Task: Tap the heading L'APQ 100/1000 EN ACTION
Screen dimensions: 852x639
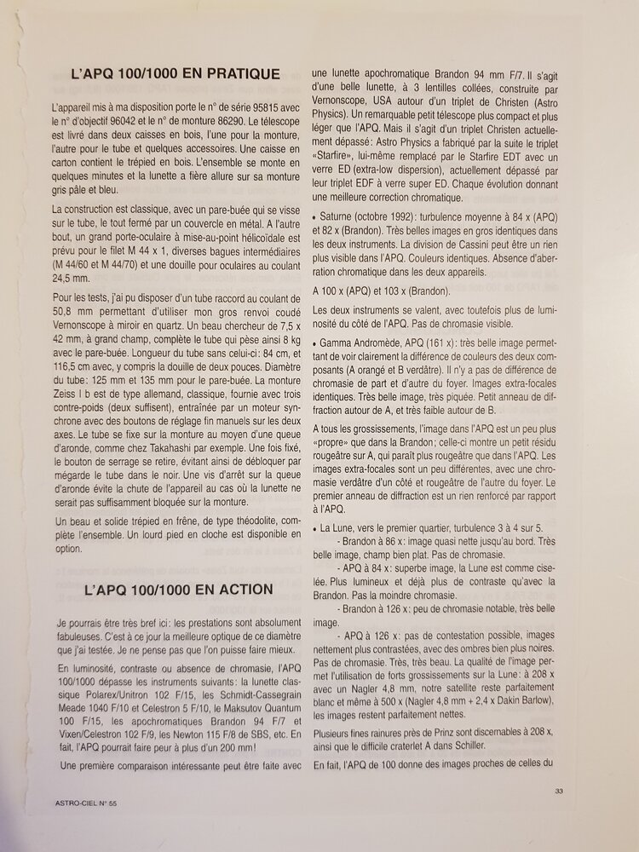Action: (x=179, y=589)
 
